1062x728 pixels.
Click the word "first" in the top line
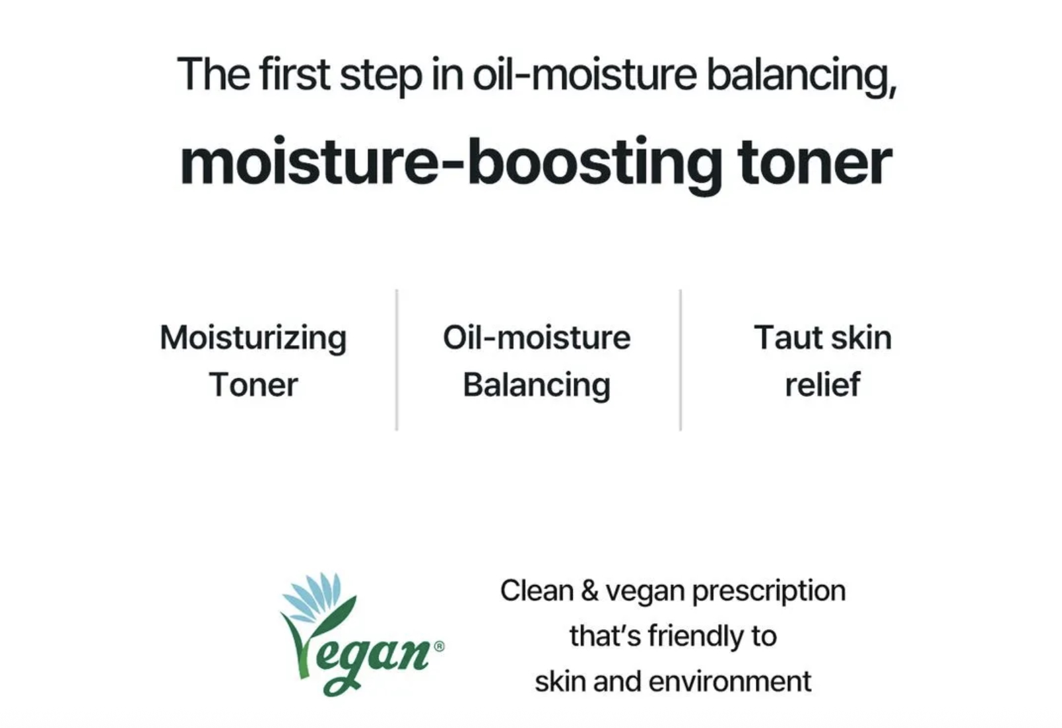294,74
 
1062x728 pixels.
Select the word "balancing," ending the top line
802,76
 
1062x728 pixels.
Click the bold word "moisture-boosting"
451,164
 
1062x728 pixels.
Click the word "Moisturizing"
253,339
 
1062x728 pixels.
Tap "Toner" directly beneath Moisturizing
253,384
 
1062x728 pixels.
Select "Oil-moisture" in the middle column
537,338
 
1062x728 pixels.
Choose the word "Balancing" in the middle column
537,386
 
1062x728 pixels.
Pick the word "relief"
822,384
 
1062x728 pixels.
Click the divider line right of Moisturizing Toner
397,360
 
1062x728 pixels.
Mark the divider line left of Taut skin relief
680,360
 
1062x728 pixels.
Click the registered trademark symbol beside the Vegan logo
440,646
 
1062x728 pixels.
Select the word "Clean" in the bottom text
537,591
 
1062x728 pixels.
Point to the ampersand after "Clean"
589,591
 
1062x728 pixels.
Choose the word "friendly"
696,636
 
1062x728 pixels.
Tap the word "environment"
730,682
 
